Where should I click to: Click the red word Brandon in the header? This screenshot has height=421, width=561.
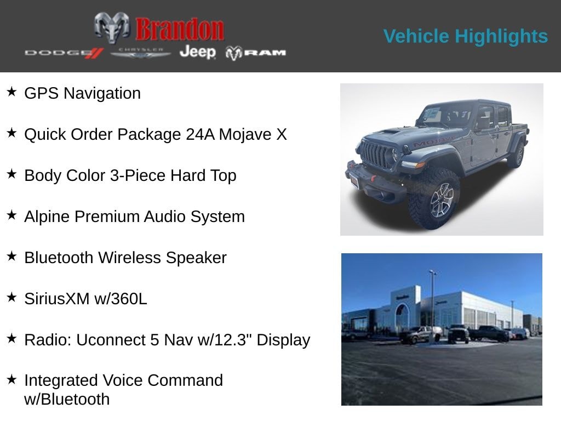pos(180,29)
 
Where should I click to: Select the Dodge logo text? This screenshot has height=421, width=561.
pos(64,53)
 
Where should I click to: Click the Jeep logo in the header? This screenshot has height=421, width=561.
pos(197,52)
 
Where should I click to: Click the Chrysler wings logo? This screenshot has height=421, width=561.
pos(140,53)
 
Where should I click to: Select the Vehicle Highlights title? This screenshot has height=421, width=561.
pos(465,36)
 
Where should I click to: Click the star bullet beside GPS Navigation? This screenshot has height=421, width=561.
pos(12,92)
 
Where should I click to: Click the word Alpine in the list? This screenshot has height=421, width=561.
pos(47,217)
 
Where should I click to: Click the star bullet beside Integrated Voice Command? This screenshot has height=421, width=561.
pos(12,379)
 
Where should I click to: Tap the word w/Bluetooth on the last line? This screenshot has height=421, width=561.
pos(67,399)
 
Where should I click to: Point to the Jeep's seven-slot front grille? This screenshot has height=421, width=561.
pos(376,155)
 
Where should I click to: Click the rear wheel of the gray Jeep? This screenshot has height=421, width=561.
pos(516,155)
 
